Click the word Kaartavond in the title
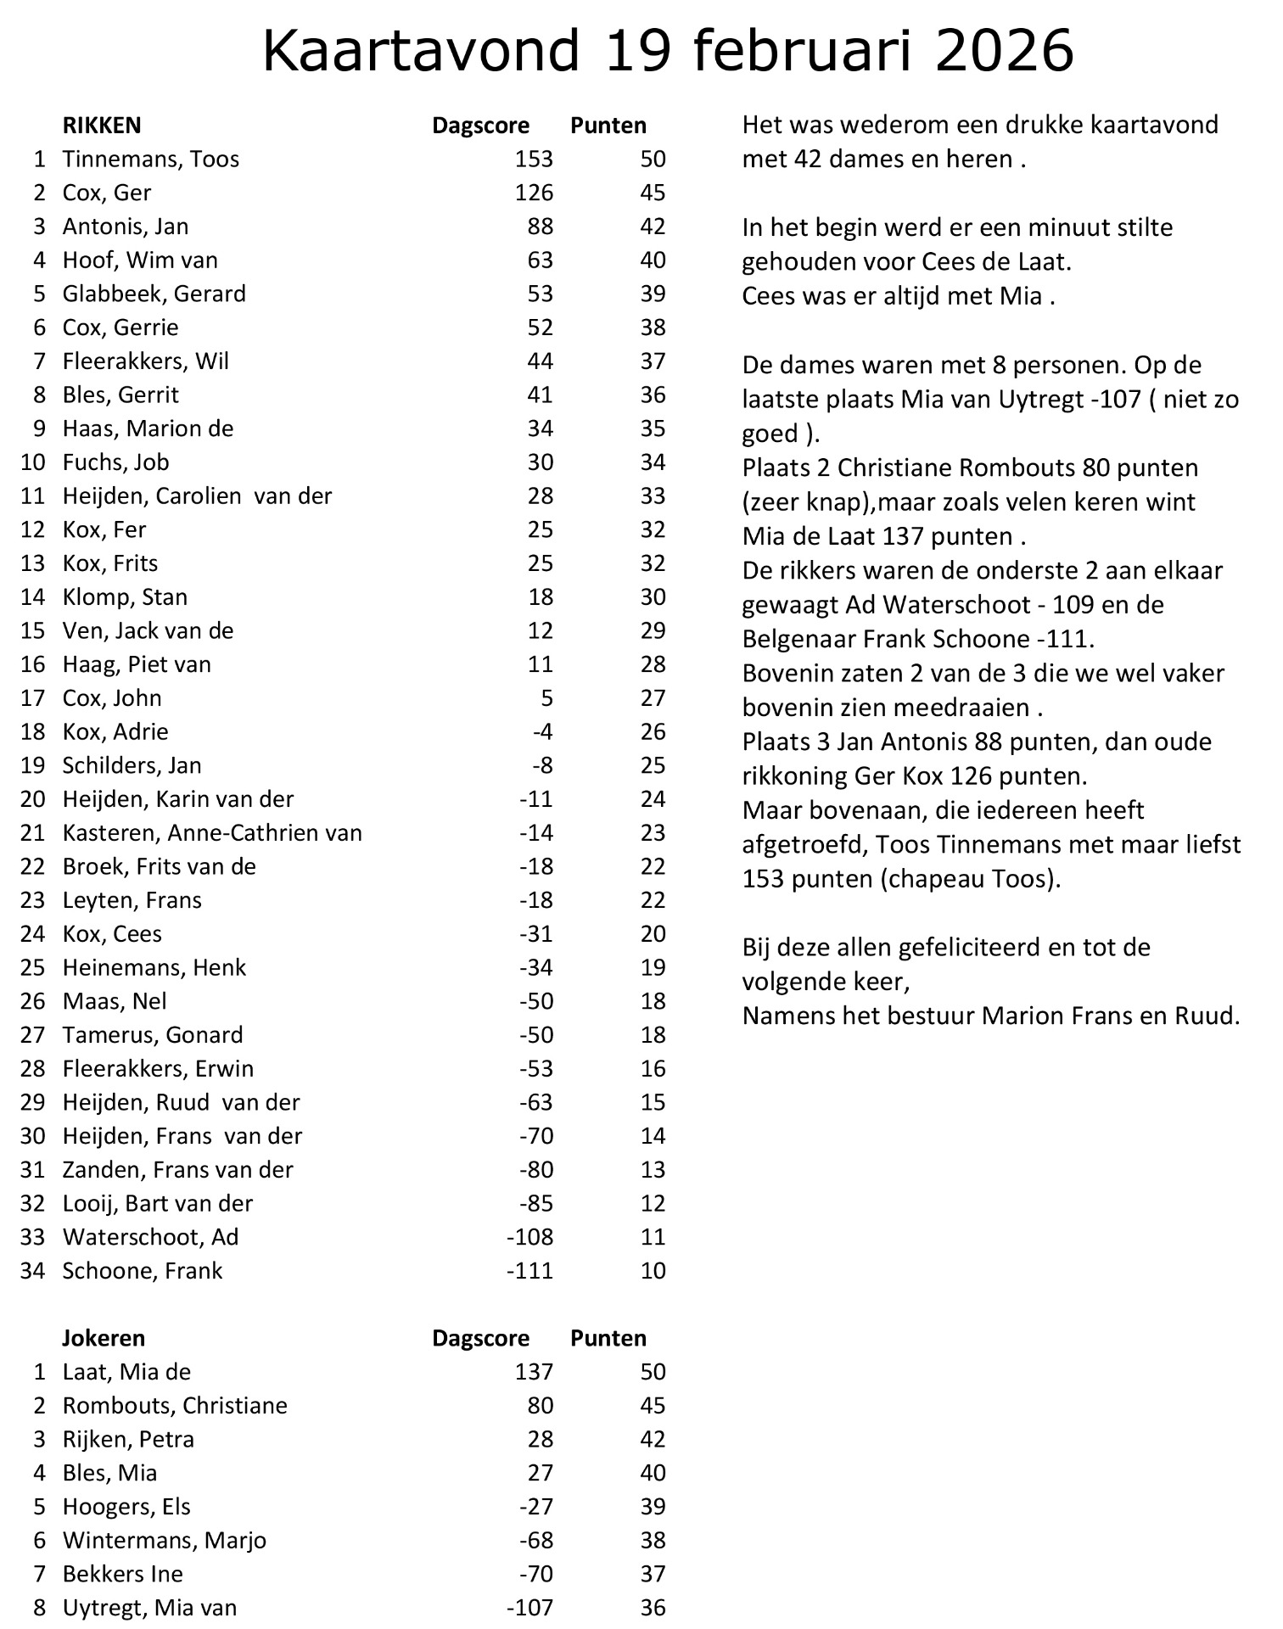pos(421,51)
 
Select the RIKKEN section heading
pos(102,126)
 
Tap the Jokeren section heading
pos(104,1338)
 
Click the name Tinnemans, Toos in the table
pos(151,160)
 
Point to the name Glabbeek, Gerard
pos(154,294)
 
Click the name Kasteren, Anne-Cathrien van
pos(212,833)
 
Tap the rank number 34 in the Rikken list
pos(32,1271)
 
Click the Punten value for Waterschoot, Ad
pos(653,1237)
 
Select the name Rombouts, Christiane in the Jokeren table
pos(175,1406)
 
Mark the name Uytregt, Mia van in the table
pos(149,1608)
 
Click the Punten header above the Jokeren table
pos(608,1338)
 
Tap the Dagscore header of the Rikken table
pos(480,126)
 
